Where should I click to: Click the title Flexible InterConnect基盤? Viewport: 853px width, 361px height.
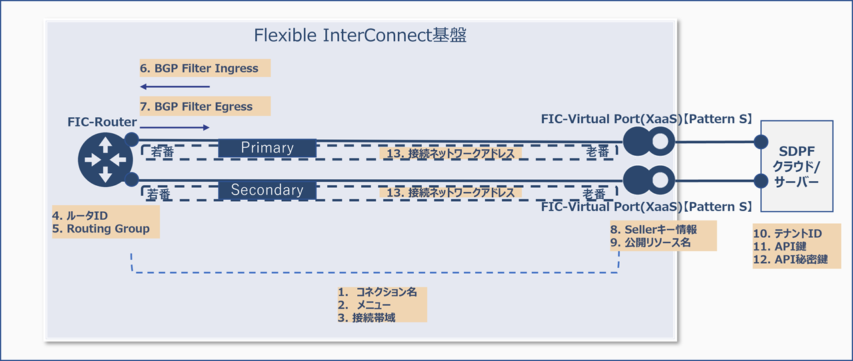pyautogui.click(x=360, y=36)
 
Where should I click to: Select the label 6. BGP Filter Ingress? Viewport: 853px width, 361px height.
pyautogui.click(x=198, y=68)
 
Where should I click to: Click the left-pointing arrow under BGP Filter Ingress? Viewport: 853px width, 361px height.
pyautogui.click(x=175, y=87)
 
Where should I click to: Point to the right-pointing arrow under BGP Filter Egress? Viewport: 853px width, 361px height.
pyautogui.click(x=175, y=127)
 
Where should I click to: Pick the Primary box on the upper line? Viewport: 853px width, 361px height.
pyautogui.click(x=267, y=147)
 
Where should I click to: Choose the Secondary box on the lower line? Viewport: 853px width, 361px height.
pyautogui.click(x=267, y=190)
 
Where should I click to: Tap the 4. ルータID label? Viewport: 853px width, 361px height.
pyautogui.click(x=80, y=215)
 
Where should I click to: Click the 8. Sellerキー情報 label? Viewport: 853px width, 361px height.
pyautogui.click(x=654, y=229)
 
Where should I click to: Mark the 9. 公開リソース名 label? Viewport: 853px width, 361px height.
pyautogui.click(x=650, y=243)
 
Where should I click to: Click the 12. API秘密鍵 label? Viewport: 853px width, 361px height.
pyautogui.click(x=790, y=260)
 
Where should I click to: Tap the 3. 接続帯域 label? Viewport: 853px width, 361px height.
pyautogui.click(x=367, y=318)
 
